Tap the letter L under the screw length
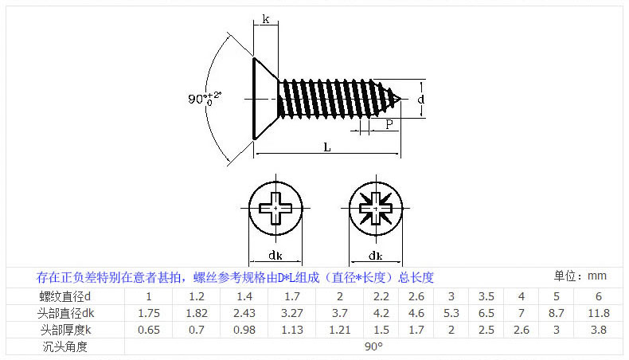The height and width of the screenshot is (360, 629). tap(327, 146)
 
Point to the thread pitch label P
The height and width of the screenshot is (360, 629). tap(389, 124)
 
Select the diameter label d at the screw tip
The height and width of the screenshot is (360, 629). tap(420, 99)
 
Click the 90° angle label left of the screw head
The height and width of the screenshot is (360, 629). tap(204, 99)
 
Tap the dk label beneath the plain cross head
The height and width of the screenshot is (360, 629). tap(275, 255)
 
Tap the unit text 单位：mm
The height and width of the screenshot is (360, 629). tap(580, 276)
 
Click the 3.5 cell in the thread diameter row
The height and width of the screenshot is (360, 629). tap(486, 296)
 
